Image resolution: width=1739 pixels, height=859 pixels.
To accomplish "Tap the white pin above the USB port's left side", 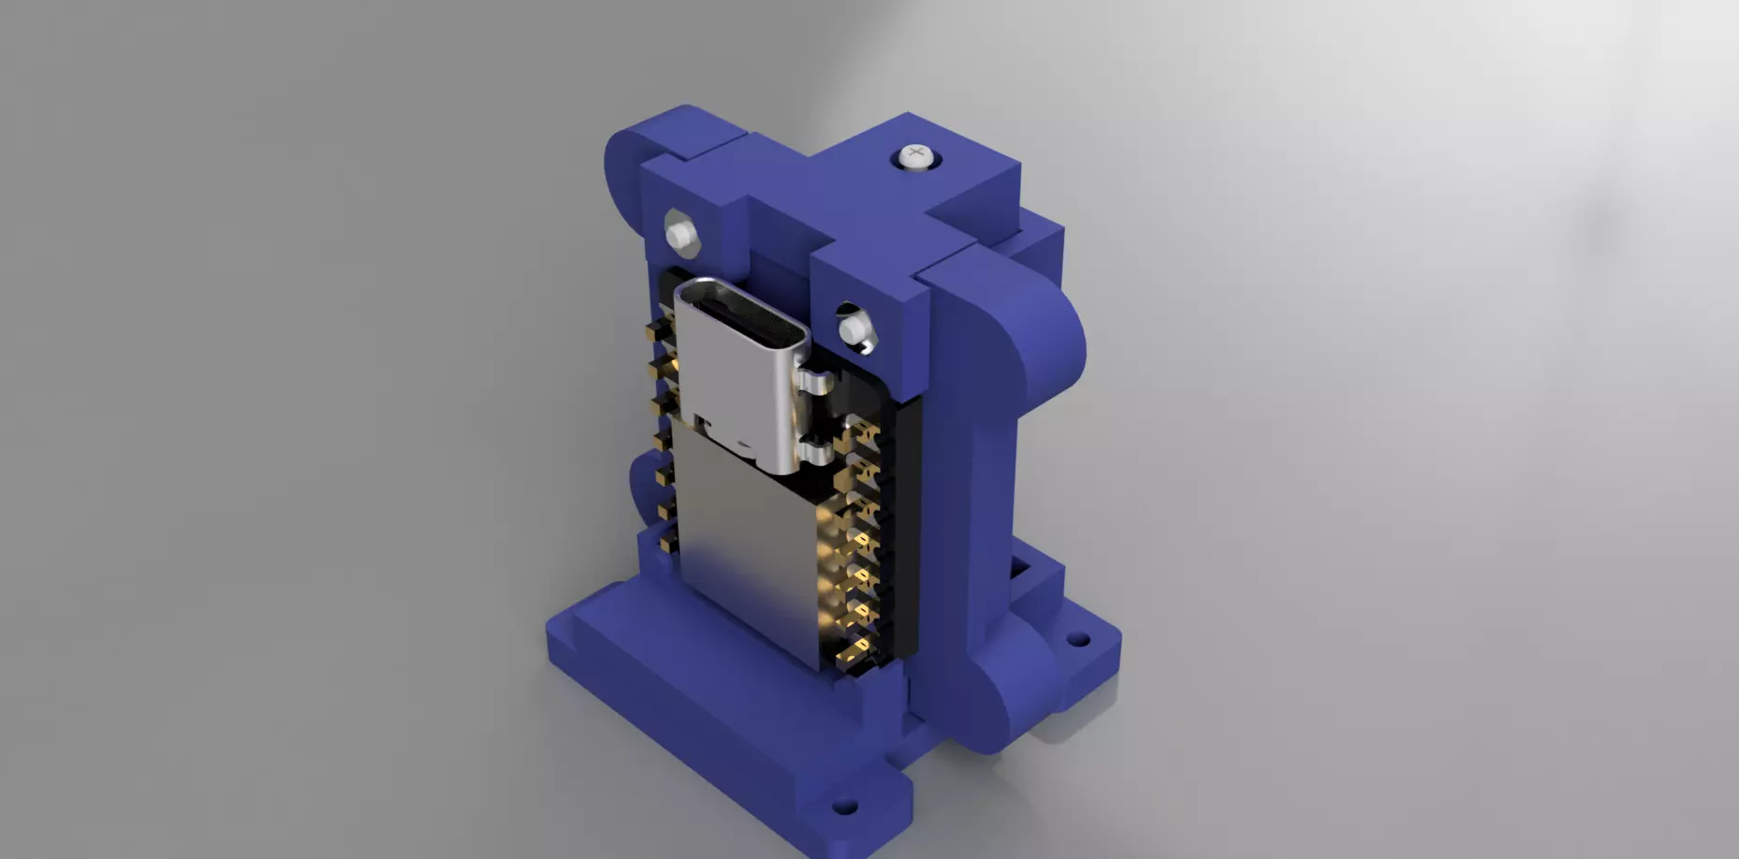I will tap(680, 231).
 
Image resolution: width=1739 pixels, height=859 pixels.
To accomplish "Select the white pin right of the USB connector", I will tap(851, 329).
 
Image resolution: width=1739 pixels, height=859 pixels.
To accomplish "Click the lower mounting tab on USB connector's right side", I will tap(817, 456).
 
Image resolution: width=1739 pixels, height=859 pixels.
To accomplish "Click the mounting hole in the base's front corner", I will tap(844, 805).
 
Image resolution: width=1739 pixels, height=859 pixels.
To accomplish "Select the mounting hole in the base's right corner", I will tap(1078, 640).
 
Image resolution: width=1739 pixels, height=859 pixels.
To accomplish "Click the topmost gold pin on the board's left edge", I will tap(657, 331).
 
